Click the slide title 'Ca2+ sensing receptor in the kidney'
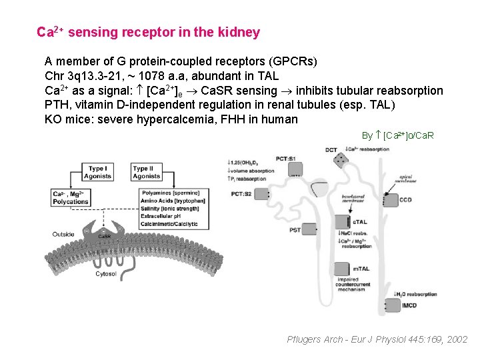[148, 32]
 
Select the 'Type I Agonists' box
[97, 172]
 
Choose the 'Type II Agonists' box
[146, 172]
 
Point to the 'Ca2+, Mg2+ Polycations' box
[71, 198]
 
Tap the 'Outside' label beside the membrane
[64, 234]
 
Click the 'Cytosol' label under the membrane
[106, 273]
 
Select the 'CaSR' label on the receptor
[105, 236]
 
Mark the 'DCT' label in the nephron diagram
[331, 150]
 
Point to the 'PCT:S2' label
[241, 193]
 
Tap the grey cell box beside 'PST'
[309, 230]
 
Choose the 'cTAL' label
[359, 222]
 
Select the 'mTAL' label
[360, 267]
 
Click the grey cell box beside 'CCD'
[388, 199]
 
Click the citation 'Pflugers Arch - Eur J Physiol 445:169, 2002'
[377, 339]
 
